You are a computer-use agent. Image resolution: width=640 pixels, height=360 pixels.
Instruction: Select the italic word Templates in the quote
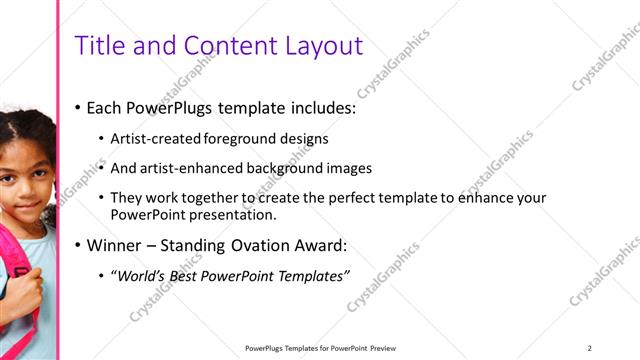(x=311, y=277)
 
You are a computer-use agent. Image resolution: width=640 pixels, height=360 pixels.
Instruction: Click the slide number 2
(x=590, y=348)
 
